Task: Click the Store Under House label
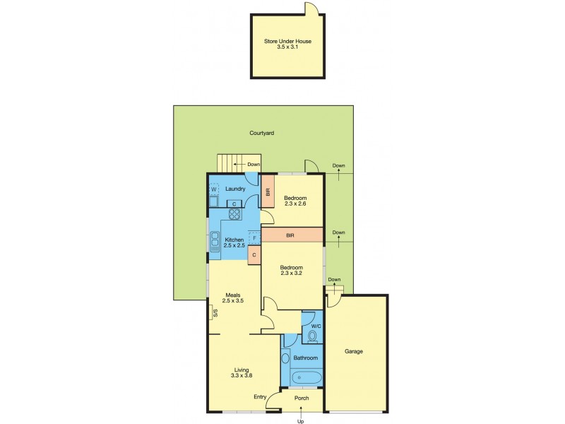287,45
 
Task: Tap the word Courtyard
261,133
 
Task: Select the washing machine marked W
214,190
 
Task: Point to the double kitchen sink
215,242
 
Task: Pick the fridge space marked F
255,239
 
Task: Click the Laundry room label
235,189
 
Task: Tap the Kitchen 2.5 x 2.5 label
234,243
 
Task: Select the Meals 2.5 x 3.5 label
233,298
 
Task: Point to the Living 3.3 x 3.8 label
242,372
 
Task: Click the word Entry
260,396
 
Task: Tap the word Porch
302,398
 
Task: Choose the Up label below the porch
301,421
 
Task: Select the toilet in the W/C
313,336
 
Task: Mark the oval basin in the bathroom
285,358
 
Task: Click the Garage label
354,351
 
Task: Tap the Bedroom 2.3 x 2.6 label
295,201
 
